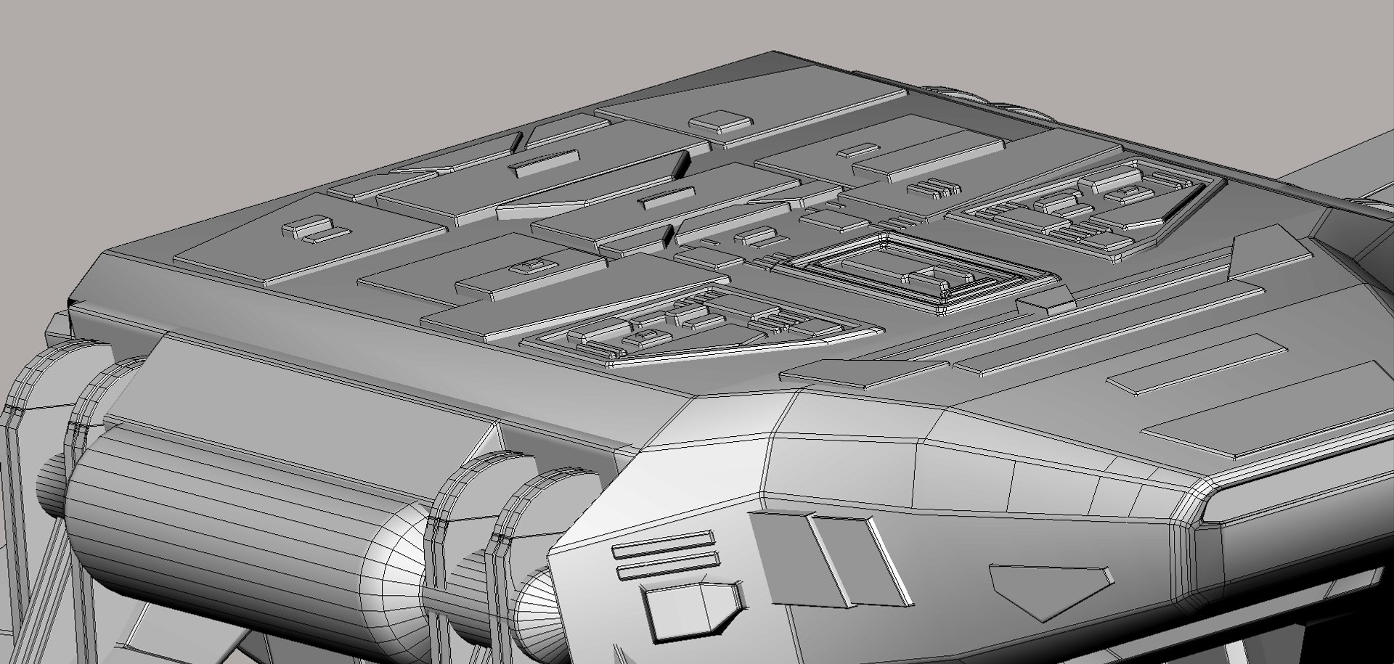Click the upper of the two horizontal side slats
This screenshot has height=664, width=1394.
[662, 543]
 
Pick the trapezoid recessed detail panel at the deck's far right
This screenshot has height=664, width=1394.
[1082, 207]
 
